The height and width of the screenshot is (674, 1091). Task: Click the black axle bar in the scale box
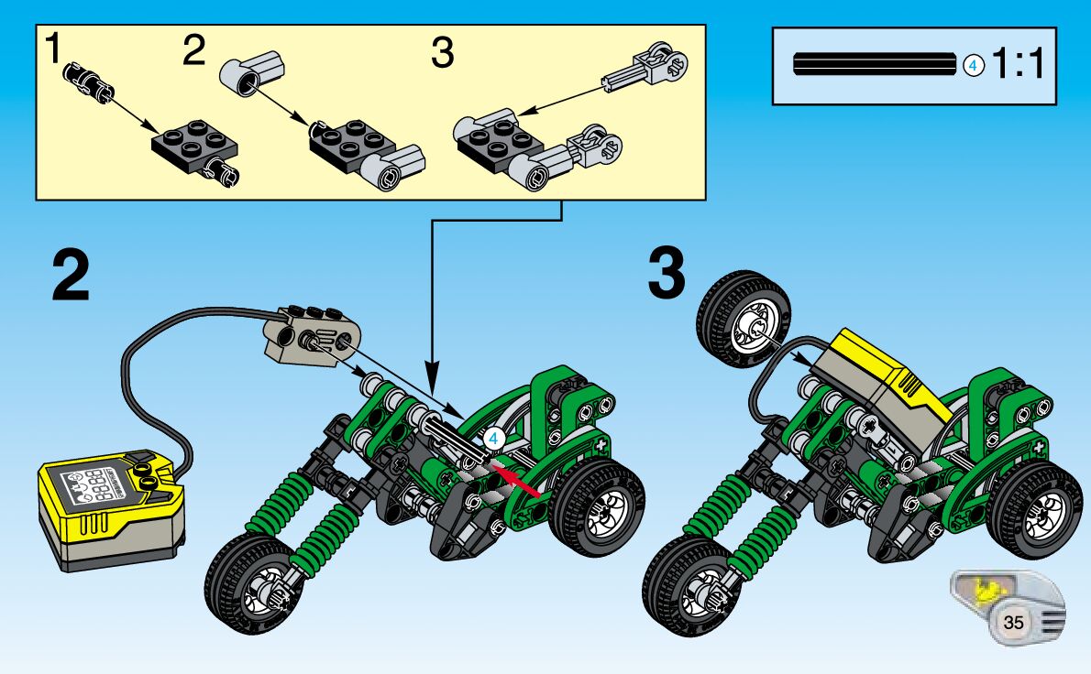pos(876,65)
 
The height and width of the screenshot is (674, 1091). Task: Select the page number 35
pos(1013,622)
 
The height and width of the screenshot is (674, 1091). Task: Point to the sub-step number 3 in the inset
pos(442,55)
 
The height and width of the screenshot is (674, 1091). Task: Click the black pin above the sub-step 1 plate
pos(88,80)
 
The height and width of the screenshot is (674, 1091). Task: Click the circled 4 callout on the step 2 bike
pos(493,439)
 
